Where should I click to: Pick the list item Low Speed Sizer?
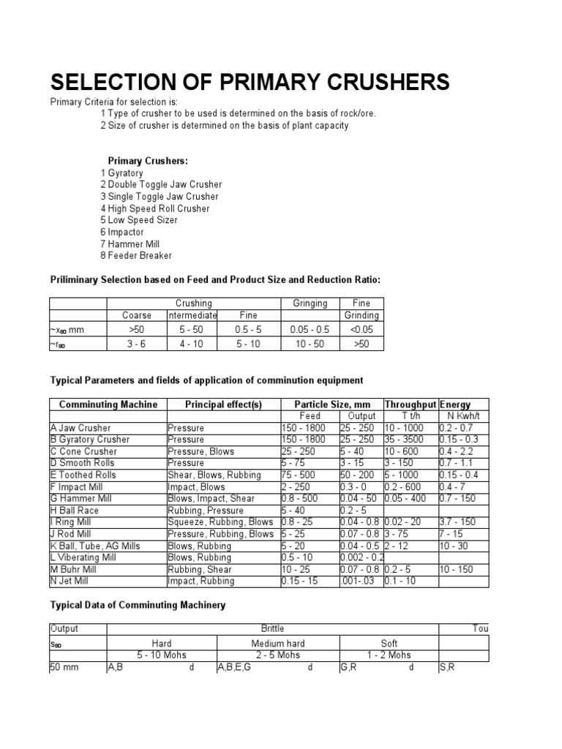point(142,220)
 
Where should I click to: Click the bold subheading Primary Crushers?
point(148,161)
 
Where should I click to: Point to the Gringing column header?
point(310,303)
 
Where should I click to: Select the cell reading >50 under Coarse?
point(137,330)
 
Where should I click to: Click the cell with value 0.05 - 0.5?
point(310,330)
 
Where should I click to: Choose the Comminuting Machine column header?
point(108,404)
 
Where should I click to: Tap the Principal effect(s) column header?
point(223,404)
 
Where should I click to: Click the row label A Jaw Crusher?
point(82,428)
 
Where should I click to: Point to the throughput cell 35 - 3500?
point(409,440)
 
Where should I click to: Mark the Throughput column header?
point(410,404)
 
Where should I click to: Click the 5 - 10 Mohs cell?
point(162,655)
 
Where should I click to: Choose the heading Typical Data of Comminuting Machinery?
point(138,605)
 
